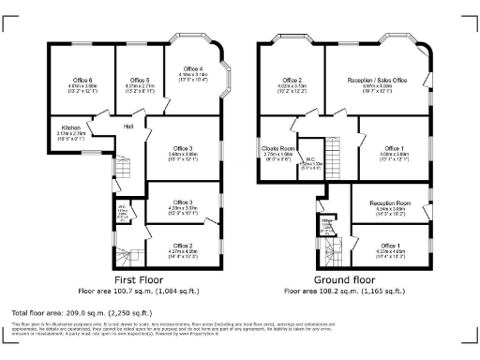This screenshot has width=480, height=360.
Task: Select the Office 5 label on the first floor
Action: tap(140, 81)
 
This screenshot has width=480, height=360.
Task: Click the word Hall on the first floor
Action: tap(128, 126)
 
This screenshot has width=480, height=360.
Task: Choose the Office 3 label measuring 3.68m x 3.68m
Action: tap(183, 149)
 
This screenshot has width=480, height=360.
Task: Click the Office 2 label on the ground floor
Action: tap(292, 81)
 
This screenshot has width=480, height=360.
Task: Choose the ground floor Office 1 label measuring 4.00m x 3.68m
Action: tap(394, 149)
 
